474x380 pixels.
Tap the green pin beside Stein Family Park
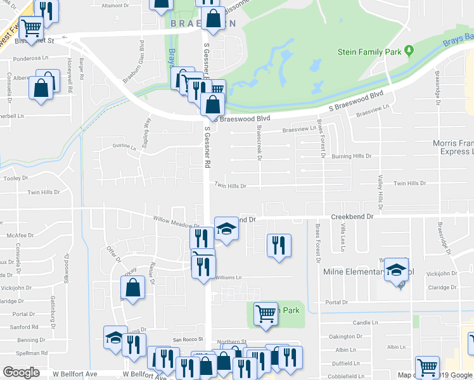409,50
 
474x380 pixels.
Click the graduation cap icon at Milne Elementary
397,269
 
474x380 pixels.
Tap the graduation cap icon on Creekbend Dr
226,228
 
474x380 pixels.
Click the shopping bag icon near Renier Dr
133,288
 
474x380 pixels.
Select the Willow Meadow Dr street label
177,223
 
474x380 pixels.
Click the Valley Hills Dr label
380,193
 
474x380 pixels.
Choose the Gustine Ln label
124,146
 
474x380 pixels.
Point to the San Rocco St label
187,339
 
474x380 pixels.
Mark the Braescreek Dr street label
259,142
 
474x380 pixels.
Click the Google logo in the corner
21,372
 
